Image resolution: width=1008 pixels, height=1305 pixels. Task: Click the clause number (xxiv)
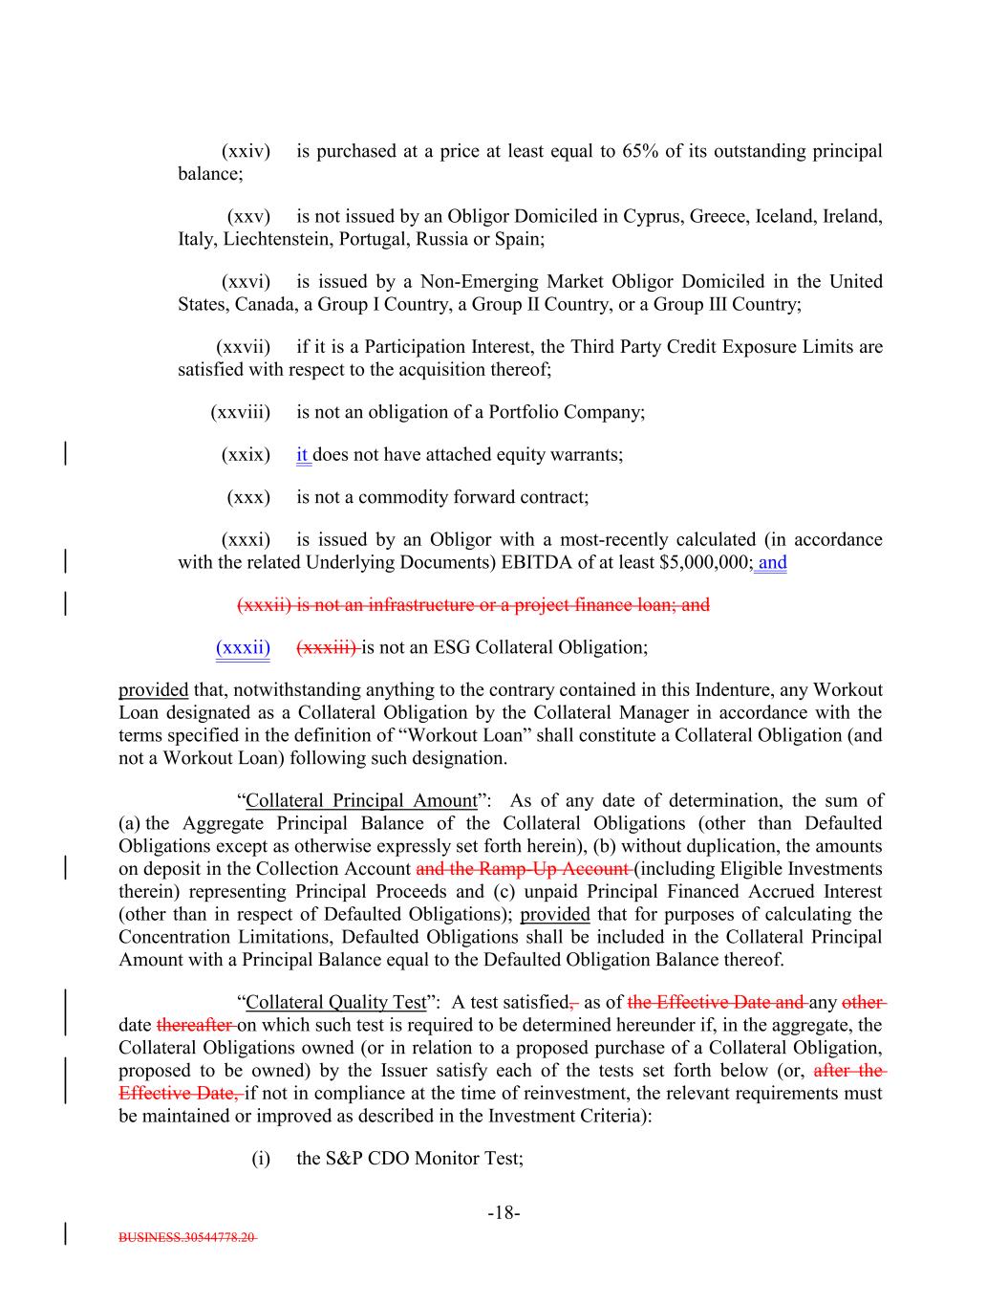[246, 151]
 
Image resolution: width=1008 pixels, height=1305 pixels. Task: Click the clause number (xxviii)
[240, 412]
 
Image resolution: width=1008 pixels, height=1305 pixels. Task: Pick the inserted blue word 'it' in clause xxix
[302, 455]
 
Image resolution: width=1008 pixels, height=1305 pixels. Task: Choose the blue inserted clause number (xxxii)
[243, 647]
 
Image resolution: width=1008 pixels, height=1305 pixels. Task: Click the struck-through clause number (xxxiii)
[327, 647]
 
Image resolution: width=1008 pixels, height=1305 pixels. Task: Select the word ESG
[453, 647]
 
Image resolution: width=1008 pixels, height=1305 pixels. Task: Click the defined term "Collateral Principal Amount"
[361, 800]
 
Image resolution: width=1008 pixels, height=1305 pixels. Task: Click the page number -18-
[504, 1213]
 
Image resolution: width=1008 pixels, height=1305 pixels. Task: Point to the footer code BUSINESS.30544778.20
[187, 1236]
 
